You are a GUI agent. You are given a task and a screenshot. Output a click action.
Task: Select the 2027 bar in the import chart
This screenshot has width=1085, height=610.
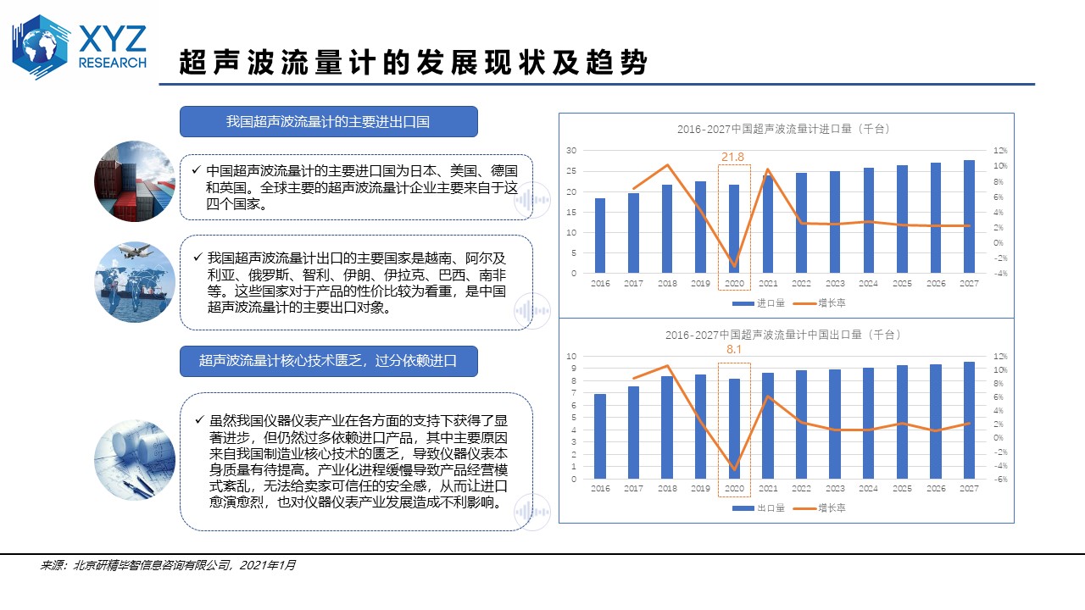969,216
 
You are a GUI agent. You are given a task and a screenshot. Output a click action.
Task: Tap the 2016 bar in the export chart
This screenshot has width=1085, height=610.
600,436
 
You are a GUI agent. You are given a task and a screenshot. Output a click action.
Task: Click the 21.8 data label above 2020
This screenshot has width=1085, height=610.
733,157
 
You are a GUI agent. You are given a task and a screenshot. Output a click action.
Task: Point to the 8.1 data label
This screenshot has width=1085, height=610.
734,349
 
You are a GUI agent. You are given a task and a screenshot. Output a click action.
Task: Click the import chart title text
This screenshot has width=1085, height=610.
783,129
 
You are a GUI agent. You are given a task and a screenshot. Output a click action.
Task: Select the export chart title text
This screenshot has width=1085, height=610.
783,335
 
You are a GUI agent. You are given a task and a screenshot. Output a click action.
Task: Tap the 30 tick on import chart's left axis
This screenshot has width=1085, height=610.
571,150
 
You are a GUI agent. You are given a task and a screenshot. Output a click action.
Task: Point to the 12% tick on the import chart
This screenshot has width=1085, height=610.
1001,150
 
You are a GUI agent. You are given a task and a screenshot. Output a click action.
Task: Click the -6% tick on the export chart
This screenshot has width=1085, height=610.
1001,480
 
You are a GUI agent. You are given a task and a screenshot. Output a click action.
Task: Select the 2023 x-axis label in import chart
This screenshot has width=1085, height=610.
835,283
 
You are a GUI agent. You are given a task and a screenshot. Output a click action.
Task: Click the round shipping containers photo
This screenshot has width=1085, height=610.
135,181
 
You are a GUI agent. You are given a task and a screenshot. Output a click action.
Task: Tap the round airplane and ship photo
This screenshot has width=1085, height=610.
135,282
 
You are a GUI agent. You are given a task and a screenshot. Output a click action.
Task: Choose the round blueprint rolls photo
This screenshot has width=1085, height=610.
135,454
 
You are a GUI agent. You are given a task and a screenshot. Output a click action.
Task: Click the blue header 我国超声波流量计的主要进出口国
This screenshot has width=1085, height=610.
328,122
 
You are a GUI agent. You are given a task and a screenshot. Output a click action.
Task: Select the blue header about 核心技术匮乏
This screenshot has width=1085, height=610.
328,361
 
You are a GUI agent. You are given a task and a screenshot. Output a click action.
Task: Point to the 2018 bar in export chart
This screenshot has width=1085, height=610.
667,427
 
